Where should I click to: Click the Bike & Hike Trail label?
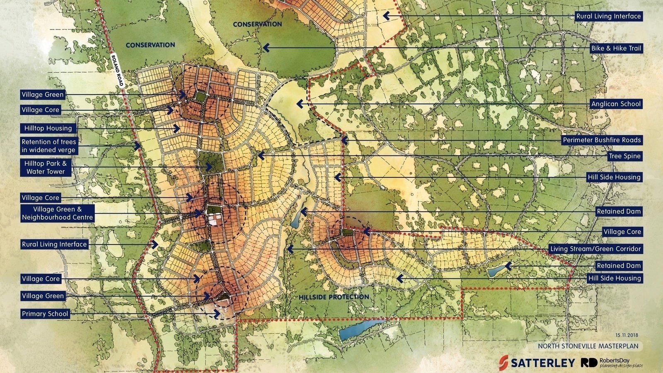tap(616, 48)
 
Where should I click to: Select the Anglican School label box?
tap(616, 104)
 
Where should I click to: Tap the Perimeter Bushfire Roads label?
tap(602, 140)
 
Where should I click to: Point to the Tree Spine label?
tap(624, 156)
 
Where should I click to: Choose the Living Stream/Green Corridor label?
tap(595, 249)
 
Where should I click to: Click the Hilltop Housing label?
tap(48, 128)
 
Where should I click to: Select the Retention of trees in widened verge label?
tap(48, 146)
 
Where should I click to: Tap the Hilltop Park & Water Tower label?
tap(46, 167)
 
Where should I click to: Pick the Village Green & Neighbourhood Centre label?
tap(57, 213)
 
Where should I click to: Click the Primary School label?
tap(45, 314)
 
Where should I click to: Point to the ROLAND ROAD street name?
tap(117, 70)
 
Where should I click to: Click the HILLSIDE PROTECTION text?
tap(334, 297)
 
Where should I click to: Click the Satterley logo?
tap(537, 363)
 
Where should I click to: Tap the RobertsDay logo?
tap(611, 363)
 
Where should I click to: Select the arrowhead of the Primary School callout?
tap(216, 314)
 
